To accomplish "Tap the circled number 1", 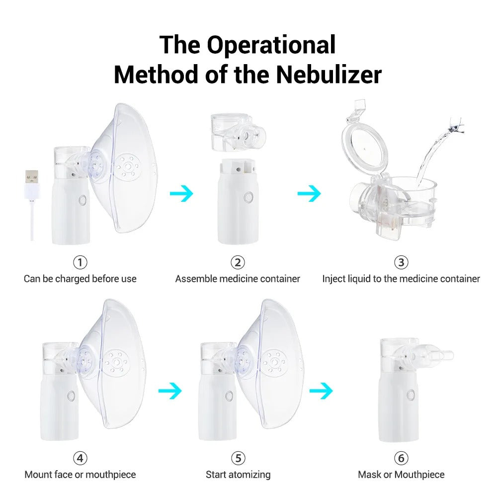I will point(80,262).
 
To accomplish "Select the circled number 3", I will point(401,262).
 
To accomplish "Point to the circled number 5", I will point(238,458).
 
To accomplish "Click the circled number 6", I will point(401,458).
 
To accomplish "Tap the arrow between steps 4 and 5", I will point(170,391).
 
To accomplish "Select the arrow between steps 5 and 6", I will point(321,391).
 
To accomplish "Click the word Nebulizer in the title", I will point(329,75).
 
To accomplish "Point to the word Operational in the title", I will point(271,45).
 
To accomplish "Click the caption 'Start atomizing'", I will point(238,475).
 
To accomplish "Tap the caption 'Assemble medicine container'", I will point(238,279).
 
